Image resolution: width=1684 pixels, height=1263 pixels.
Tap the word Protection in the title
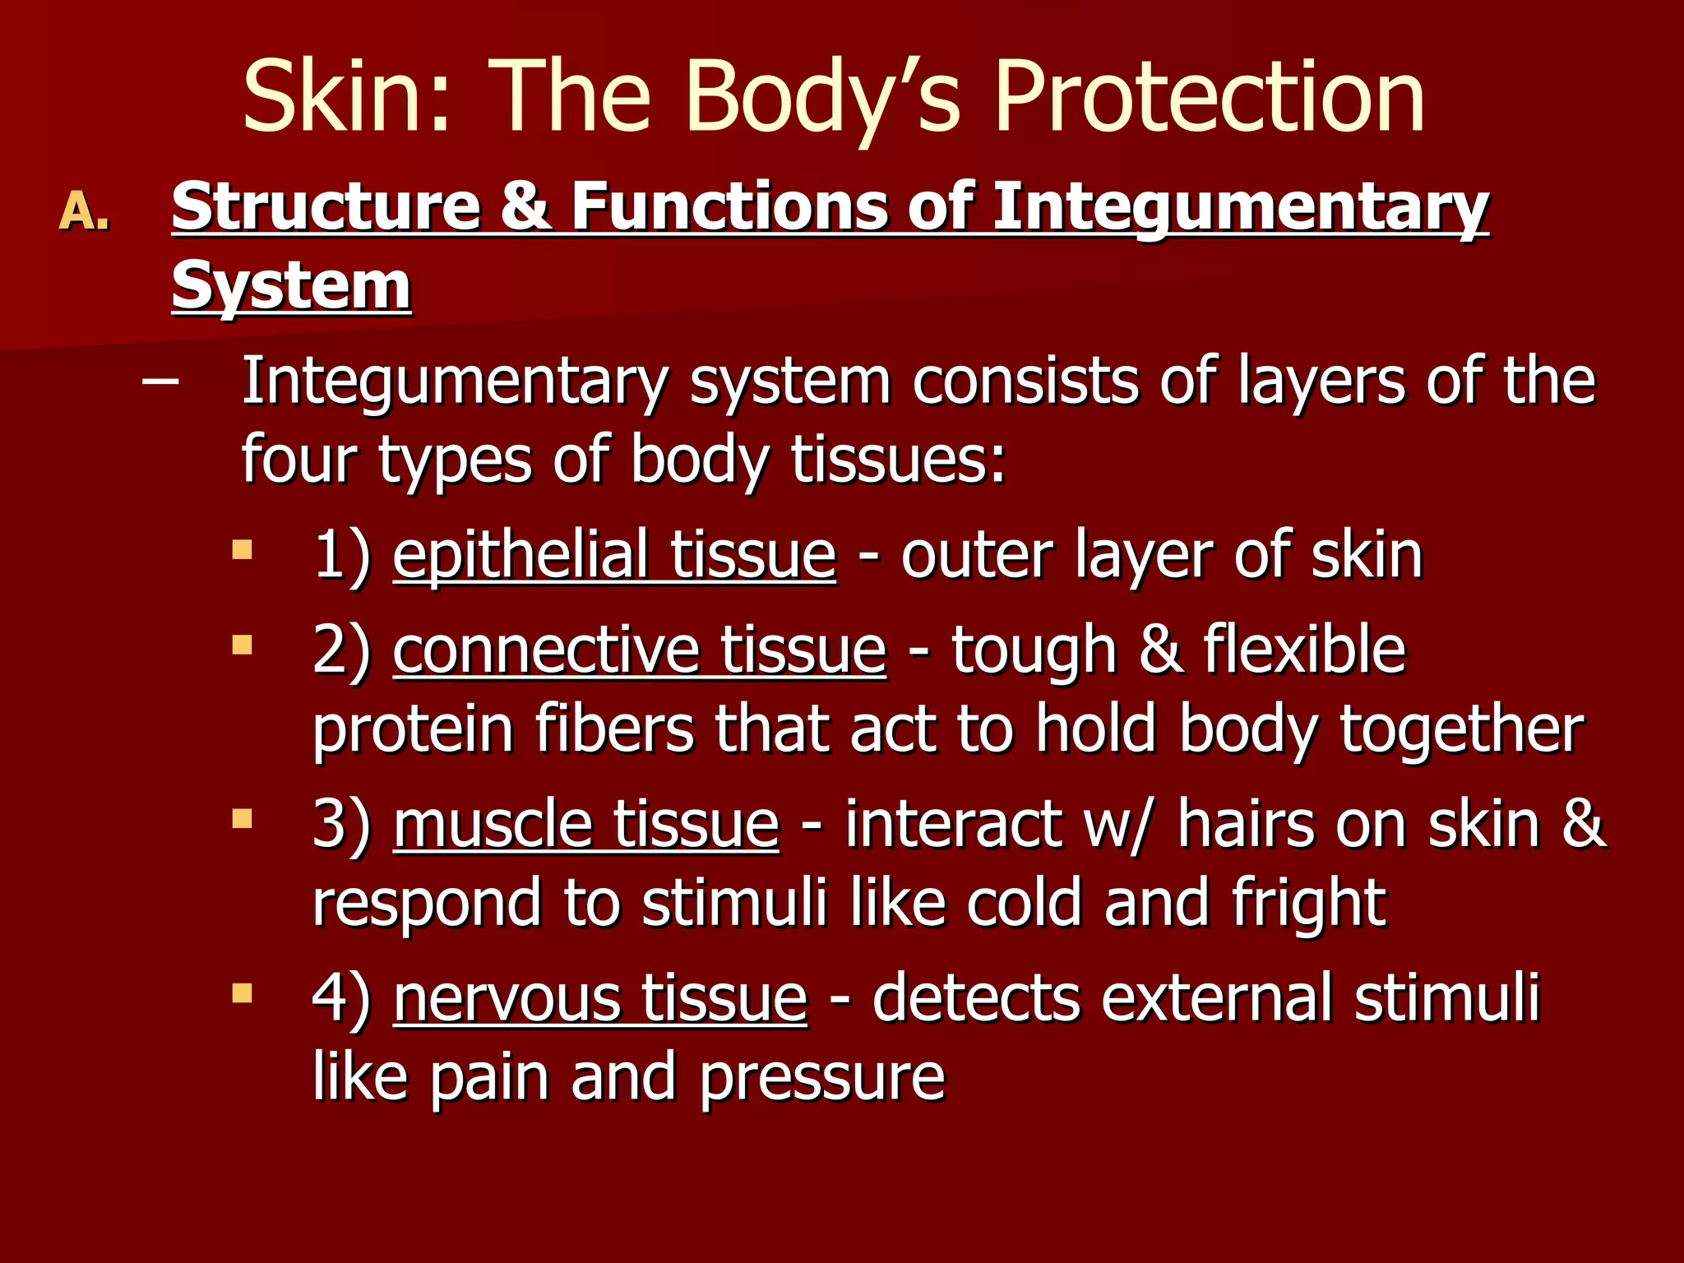point(1209,97)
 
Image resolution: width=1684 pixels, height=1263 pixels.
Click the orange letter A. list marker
point(85,211)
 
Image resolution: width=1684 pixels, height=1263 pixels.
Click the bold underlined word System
point(291,285)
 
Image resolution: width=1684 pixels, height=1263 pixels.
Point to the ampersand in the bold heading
point(524,206)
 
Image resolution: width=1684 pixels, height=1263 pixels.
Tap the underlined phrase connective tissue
point(640,650)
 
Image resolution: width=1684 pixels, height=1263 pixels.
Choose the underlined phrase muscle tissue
point(585,824)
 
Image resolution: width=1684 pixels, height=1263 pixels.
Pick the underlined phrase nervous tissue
point(600,998)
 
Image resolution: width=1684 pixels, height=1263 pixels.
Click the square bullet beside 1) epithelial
point(242,549)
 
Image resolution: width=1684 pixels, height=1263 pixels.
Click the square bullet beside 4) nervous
point(242,993)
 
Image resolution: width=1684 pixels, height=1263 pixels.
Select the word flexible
point(1305,650)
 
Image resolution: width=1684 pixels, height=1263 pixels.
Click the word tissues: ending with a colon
point(898,460)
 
